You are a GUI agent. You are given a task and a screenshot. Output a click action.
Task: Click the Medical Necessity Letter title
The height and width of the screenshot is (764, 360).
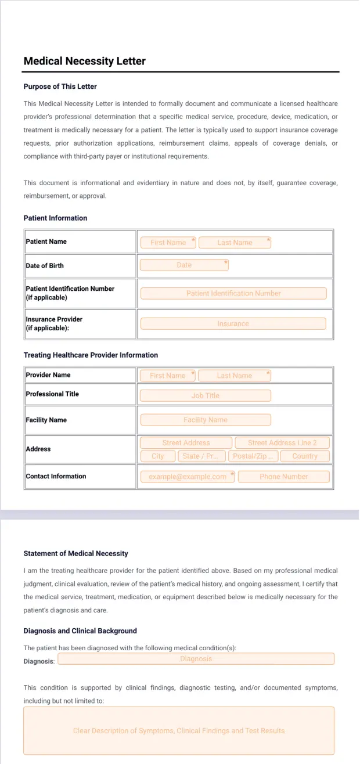click(x=84, y=61)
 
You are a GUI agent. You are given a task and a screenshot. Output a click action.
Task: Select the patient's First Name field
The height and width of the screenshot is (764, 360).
click(x=168, y=243)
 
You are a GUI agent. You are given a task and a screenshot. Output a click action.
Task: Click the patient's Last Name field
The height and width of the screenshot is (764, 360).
click(x=235, y=243)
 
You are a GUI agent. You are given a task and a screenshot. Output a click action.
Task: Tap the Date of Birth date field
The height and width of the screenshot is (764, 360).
click(x=184, y=265)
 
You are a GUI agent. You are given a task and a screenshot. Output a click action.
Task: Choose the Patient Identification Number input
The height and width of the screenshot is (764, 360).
click(x=233, y=294)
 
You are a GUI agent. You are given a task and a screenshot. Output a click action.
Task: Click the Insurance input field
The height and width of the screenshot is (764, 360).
click(x=233, y=324)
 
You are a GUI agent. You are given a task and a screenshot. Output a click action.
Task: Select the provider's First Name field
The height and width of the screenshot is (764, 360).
click(x=167, y=376)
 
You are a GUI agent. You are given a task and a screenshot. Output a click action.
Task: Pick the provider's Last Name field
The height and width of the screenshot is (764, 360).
click(x=234, y=376)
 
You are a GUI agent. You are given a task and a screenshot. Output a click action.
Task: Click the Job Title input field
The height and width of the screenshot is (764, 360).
click(x=205, y=395)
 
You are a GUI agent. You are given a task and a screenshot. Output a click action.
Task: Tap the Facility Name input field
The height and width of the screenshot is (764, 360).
click(x=205, y=420)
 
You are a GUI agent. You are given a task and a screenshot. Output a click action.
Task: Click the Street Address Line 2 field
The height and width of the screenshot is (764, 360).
click(x=282, y=443)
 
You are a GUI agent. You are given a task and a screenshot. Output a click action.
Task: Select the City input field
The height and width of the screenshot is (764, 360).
click(x=158, y=456)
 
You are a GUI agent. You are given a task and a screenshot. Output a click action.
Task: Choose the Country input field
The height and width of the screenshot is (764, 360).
click(x=305, y=456)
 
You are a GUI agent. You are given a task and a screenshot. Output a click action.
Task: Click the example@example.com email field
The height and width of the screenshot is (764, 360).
click(x=188, y=477)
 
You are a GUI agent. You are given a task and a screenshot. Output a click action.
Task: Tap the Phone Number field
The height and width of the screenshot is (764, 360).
click(x=283, y=477)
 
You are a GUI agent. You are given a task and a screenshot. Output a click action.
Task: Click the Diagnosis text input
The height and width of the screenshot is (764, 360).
click(x=196, y=659)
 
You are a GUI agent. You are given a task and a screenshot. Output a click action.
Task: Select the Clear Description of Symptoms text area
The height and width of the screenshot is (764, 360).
click(x=179, y=730)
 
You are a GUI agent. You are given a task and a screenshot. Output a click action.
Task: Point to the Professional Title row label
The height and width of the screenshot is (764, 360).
click(x=52, y=394)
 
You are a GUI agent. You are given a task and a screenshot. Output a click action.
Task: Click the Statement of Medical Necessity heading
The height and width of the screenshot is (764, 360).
click(x=75, y=553)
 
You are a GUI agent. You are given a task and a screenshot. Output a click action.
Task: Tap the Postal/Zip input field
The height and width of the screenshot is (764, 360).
click(x=253, y=456)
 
